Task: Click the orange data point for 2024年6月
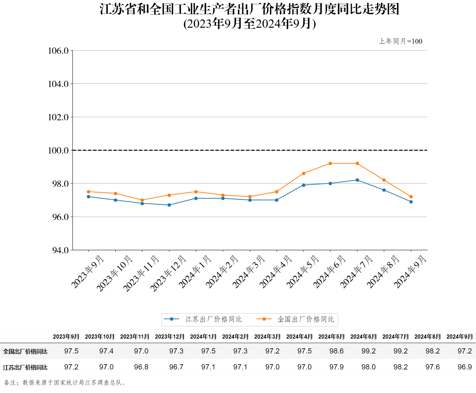[x=330, y=163]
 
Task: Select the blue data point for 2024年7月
[x=357, y=180]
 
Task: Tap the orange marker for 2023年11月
[x=142, y=200]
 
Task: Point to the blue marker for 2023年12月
[x=169, y=205]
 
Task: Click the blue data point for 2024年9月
[x=411, y=202]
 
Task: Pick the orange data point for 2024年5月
[x=303, y=173]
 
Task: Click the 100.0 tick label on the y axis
[x=58, y=150]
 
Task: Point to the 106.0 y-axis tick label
[x=58, y=51]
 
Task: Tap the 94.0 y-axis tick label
[x=60, y=250]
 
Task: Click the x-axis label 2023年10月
[x=114, y=273]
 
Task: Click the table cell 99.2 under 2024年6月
[x=368, y=351]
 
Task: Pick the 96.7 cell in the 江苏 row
[x=176, y=367]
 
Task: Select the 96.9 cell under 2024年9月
[x=464, y=367]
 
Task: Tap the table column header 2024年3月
[x=267, y=337]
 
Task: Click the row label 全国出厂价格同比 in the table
[x=25, y=351]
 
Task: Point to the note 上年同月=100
[x=400, y=41]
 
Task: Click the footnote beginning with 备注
[x=65, y=383]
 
